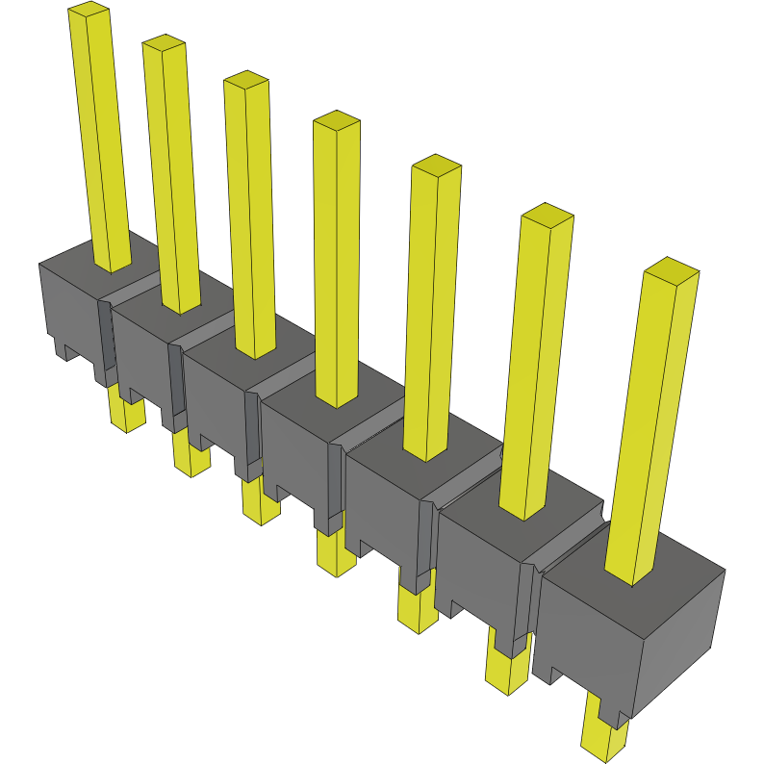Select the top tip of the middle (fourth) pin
(x=336, y=120)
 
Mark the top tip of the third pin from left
(x=245, y=79)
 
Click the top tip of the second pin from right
(x=546, y=214)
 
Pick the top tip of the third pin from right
(x=436, y=165)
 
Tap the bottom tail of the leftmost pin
(x=126, y=414)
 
